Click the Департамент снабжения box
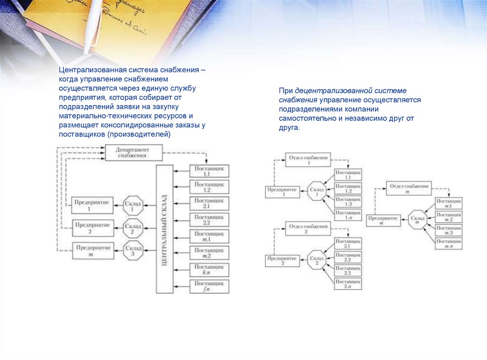(133, 153)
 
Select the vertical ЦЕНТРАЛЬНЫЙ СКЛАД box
(165, 229)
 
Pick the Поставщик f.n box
(209, 286)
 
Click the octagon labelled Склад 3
(133, 250)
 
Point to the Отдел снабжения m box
(409, 188)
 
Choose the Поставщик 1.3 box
(348, 201)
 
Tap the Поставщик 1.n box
(348, 214)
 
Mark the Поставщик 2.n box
(348, 284)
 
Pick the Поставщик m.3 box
(448, 230)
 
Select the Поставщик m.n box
(448, 244)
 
